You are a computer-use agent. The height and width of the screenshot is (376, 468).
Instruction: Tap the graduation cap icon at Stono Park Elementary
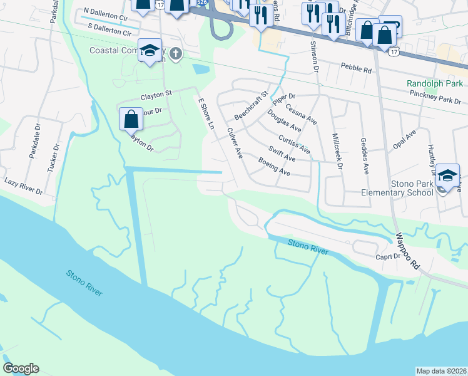pos(447,176)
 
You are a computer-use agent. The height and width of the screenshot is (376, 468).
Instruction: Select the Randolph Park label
pos(434,83)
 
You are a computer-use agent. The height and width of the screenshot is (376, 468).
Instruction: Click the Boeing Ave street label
pos(275,166)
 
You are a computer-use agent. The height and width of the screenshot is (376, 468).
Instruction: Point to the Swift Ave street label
pos(282,154)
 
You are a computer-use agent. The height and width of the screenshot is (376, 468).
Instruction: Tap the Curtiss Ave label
pos(294,145)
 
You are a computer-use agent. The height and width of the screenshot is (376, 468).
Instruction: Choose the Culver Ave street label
pos(235,143)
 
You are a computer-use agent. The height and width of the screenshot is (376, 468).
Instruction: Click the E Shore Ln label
pos(206,113)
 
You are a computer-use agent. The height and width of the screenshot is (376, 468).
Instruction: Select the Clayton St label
pos(156,94)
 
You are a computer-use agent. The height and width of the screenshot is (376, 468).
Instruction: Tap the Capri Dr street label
pos(388,257)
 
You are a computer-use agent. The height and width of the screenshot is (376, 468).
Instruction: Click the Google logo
pos(21,368)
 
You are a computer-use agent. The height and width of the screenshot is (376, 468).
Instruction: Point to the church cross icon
pos(175,54)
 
